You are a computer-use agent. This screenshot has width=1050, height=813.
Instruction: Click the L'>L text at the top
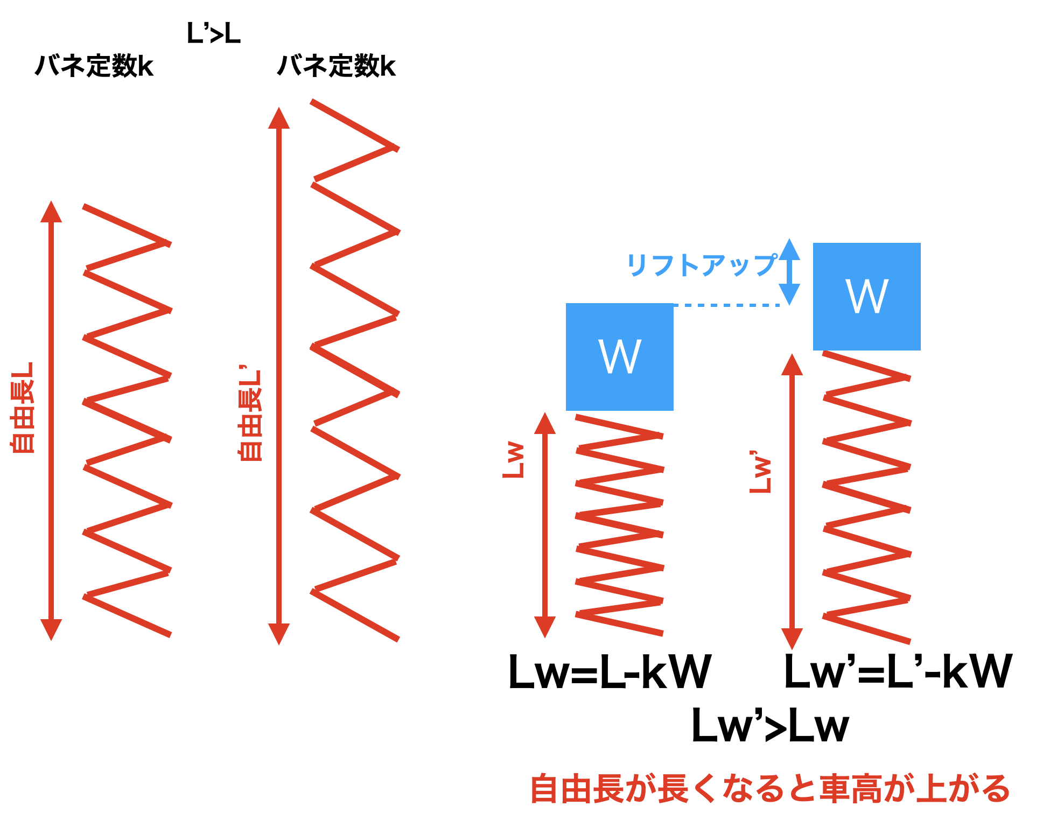(x=213, y=34)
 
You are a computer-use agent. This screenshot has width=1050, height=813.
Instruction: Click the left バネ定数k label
(x=94, y=66)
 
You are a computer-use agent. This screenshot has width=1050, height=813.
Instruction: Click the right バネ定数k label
(x=337, y=66)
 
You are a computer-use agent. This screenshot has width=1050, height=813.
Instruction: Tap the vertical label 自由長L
(x=23, y=408)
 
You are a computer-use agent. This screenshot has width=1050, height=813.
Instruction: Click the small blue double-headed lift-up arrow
(x=789, y=272)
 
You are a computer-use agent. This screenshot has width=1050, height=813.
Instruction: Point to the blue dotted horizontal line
(x=727, y=305)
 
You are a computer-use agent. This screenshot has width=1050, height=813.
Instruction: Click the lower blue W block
(x=620, y=357)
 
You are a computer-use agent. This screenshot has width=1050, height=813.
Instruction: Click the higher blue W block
(x=866, y=297)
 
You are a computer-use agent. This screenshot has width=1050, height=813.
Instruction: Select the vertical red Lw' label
(x=761, y=472)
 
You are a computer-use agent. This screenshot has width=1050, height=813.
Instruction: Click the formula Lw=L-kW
(x=610, y=672)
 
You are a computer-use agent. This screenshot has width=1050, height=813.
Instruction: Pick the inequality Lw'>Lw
(x=770, y=726)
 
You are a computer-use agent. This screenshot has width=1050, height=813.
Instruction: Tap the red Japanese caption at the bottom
(x=770, y=789)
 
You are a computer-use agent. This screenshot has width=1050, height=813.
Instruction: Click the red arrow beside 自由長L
(x=51, y=420)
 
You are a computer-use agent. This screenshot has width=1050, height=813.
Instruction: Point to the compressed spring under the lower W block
(x=619, y=525)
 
